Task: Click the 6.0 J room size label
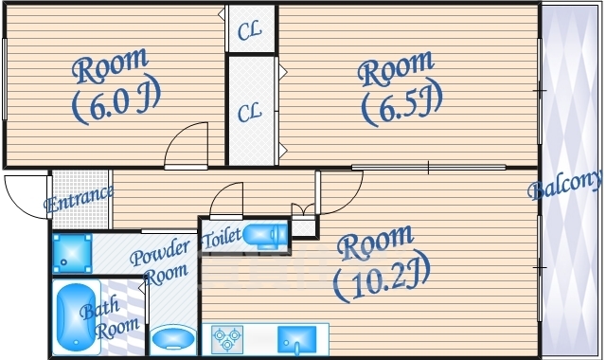[x=116, y=99]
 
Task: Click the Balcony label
[x=565, y=186]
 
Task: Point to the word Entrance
[x=79, y=199]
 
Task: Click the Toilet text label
[x=221, y=238]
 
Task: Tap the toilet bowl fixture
[x=265, y=235]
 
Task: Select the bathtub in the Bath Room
[x=76, y=316]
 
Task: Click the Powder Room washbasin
[x=173, y=338]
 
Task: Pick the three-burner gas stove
[x=227, y=339]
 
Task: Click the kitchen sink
[x=296, y=339]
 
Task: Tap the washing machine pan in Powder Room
[x=72, y=253]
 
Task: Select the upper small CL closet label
[x=250, y=31]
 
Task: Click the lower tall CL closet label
[x=249, y=112]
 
